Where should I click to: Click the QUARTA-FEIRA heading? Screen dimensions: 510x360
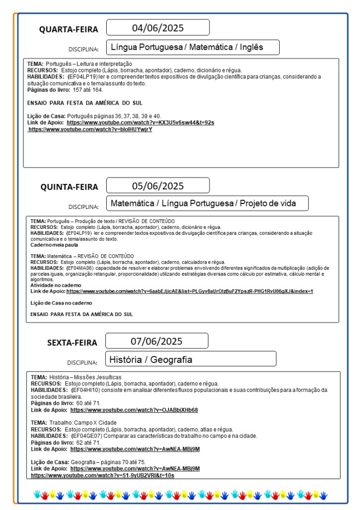69,29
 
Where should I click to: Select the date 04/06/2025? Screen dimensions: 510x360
158,27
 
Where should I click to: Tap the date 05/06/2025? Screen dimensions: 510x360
158,186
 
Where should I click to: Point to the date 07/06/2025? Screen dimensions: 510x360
157,341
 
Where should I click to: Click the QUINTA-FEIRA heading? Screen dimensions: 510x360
69,187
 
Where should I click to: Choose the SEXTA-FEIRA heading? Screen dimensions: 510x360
72,342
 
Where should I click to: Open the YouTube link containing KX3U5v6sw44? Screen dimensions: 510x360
140,123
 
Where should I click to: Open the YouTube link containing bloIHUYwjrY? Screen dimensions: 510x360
90,130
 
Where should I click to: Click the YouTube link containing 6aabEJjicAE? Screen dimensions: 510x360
189,291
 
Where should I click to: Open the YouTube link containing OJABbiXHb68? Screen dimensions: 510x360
134,410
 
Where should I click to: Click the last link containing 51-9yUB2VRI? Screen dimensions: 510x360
102,476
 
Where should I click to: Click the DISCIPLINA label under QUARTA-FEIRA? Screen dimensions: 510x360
83,49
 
